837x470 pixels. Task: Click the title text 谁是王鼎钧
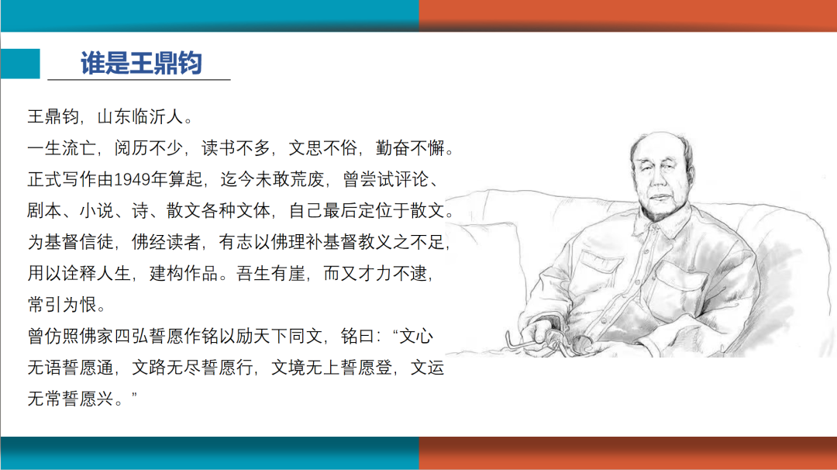tap(141, 63)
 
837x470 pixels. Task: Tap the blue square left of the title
tap(19, 64)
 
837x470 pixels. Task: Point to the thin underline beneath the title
tap(139, 79)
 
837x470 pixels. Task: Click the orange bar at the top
tap(628, 16)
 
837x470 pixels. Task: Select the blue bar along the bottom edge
tap(209, 454)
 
